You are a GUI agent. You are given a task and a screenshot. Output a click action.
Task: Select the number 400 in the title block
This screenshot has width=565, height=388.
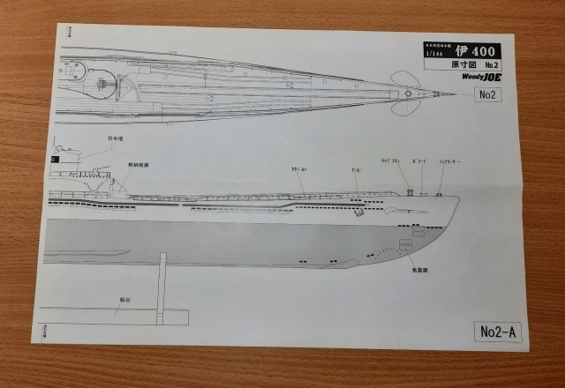480,52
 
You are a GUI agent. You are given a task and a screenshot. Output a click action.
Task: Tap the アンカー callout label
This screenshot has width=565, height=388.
355,169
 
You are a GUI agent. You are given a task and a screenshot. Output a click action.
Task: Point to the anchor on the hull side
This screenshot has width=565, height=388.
359,212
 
